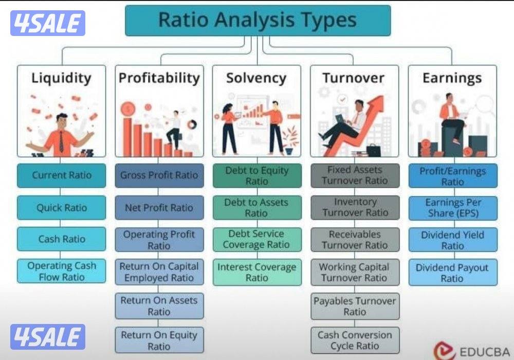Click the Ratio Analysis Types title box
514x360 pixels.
tap(258, 21)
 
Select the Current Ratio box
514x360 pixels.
tap(62, 175)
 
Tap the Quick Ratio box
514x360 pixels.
tap(62, 208)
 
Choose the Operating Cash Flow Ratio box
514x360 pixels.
tap(62, 271)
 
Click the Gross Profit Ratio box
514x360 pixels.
tap(159, 175)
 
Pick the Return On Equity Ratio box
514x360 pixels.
tap(159, 340)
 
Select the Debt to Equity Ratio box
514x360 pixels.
tap(257, 175)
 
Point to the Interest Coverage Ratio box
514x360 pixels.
tap(257, 272)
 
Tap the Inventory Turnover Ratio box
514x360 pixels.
tap(355, 208)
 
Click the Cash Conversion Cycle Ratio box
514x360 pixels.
tap(355, 340)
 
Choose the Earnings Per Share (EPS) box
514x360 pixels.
tap(453, 208)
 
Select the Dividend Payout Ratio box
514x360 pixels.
tap(453, 272)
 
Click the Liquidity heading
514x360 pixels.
tap(61, 78)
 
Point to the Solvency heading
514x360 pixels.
tap(256, 78)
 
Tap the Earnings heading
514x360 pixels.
tap(452, 78)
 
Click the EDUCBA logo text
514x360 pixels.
tap(485, 352)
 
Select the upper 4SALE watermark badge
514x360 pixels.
tap(48, 23)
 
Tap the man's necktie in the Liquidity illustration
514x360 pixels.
tap(61, 141)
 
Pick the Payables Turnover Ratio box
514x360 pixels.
tap(355, 306)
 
